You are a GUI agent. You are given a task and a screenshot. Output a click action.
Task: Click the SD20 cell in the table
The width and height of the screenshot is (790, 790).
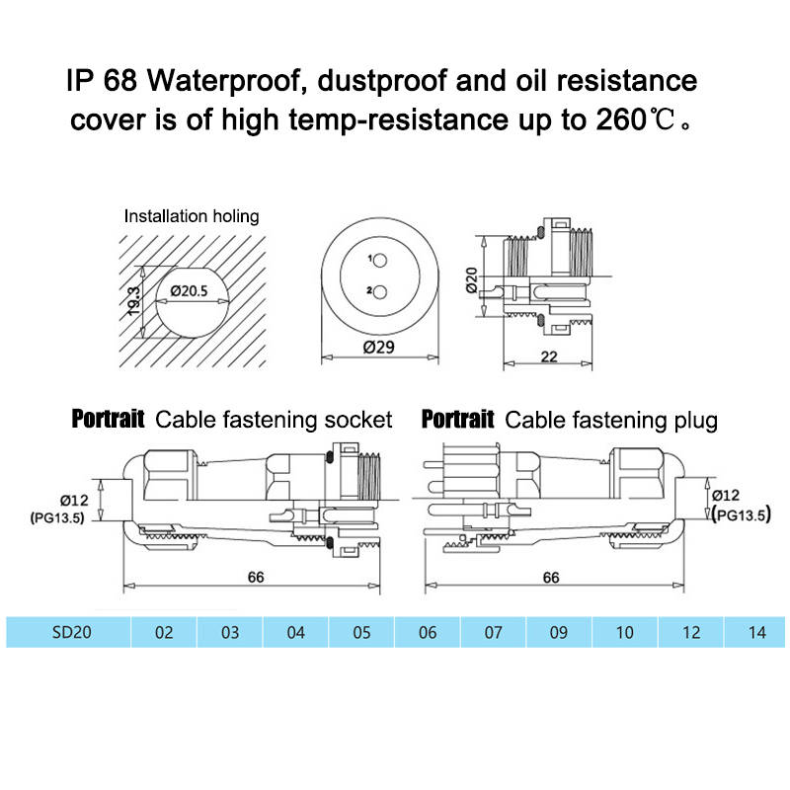coord(71,632)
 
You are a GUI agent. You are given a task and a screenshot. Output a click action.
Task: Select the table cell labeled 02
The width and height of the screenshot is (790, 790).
coord(164,632)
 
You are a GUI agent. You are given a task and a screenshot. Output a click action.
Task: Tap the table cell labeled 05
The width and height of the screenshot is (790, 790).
coord(361,632)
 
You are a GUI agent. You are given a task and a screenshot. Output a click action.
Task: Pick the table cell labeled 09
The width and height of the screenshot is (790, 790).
coord(559,632)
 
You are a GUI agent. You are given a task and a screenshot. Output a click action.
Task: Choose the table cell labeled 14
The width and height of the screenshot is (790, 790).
coord(757,632)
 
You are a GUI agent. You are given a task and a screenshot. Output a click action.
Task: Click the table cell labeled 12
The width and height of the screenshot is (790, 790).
coord(691,632)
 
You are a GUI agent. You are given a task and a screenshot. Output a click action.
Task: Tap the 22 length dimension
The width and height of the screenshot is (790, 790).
coord(547,356)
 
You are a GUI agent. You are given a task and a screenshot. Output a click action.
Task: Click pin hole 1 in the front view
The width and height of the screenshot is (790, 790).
coord(378,260)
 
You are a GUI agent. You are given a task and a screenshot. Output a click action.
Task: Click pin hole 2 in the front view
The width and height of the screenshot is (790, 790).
coord(378,292)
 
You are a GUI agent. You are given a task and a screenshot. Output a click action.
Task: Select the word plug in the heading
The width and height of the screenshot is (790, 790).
coord(694,420)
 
